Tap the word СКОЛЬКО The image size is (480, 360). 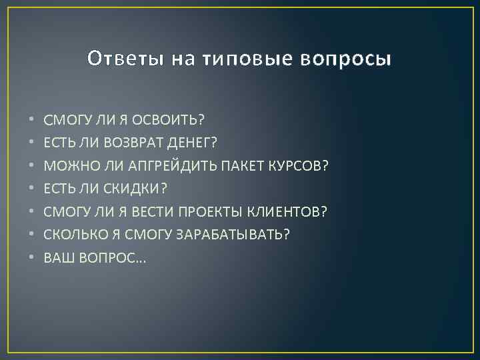click(73, 235)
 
